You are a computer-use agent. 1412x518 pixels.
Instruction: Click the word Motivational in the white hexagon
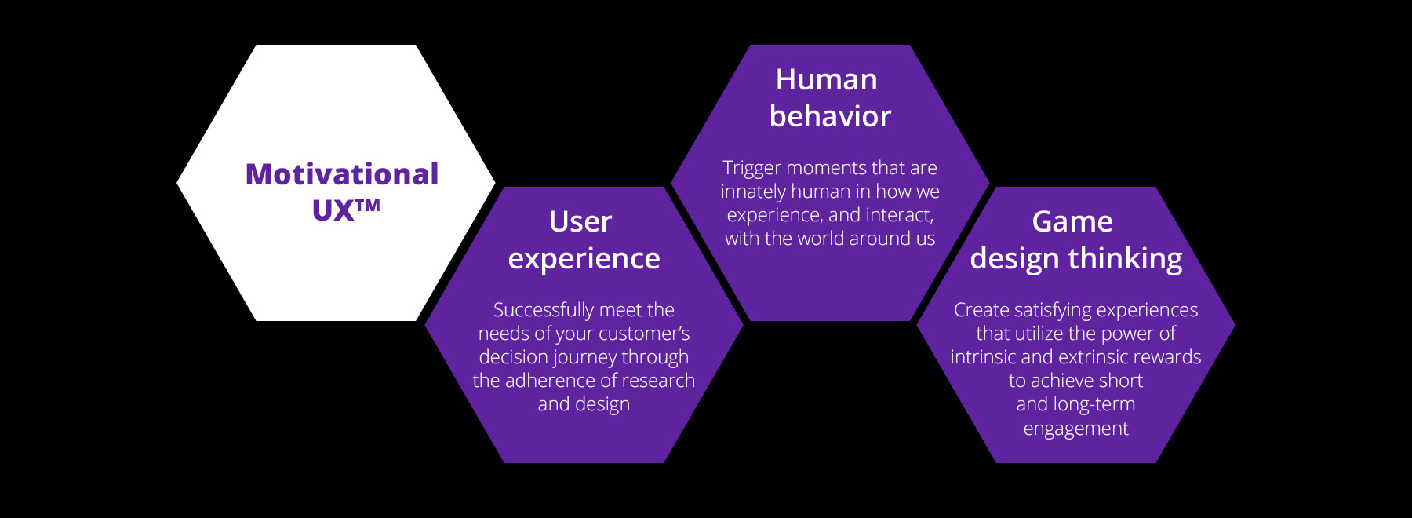pos(342,174)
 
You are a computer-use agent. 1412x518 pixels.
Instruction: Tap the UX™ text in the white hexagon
pos(346,210)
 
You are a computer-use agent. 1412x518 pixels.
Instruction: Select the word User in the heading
pos(580,222)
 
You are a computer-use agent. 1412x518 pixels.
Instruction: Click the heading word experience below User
pos(584,259)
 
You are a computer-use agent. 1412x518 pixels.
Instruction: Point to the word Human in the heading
pos(827,80)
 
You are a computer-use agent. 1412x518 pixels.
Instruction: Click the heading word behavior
pos(830,117)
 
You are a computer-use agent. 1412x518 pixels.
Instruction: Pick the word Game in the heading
pos(1072,222)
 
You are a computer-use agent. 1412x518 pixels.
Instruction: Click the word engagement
pos(1075,429)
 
